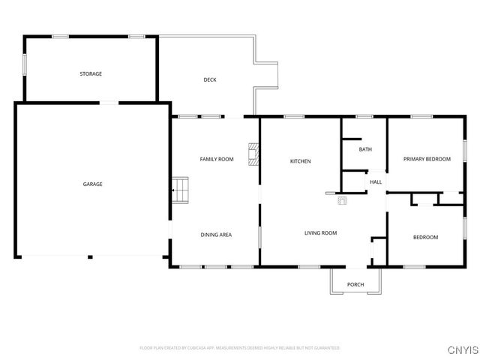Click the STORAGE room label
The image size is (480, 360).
click(91, 73)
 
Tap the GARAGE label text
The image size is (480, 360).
click(92, 184)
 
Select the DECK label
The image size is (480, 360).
click(210, 79)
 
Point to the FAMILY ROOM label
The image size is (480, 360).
click(217, 159)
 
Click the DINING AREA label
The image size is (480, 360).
click(216, 235)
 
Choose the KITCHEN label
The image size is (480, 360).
click(301, 161)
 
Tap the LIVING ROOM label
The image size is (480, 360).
click(320, 233)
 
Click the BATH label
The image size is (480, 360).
click(365, 149)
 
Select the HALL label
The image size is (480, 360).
click(376, 181)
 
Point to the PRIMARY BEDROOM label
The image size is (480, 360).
click(427, 159)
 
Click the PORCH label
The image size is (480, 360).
click(355, 284)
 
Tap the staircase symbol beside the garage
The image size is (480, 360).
click(179, 190)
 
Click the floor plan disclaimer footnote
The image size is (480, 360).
click(240, 348)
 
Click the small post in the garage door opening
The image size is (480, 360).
click(90, 257)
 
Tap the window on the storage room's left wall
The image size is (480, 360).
click(25, 63)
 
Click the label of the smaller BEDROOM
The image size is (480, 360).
click(425, 238)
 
